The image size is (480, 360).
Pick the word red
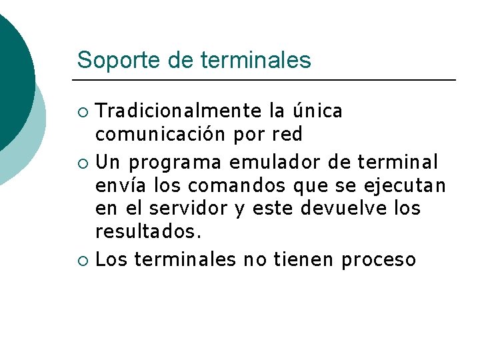tap(287, 135)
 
